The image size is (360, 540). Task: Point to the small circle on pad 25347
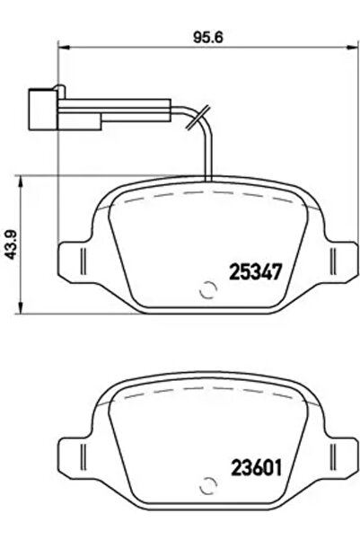[x=206, y=290]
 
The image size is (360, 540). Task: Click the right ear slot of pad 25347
[x=334, y=263]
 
